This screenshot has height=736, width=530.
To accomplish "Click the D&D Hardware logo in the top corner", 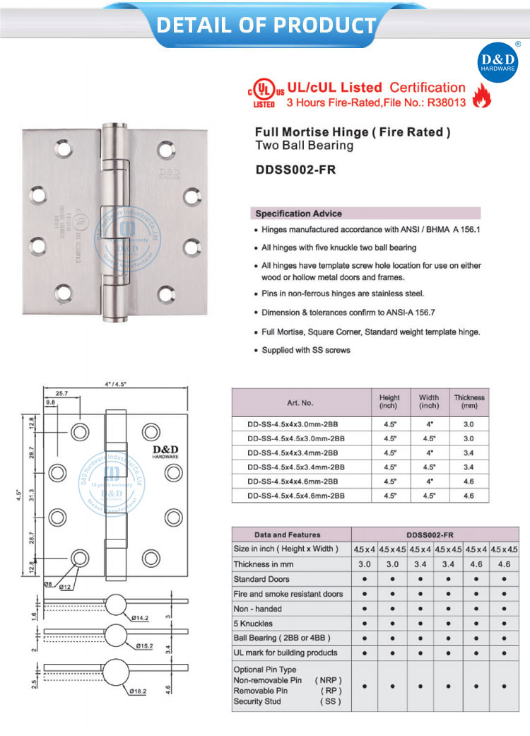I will pos(499,62).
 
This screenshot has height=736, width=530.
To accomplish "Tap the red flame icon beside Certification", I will pos(481,97).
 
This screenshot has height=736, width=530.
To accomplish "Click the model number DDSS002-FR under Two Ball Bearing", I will pos(295,170).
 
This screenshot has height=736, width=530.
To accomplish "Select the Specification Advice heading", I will pos(298,214).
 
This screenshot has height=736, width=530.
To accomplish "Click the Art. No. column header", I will pos(300,402).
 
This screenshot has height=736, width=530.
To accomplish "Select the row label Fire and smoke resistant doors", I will pos(288,594).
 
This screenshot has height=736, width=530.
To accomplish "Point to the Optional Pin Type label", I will pos(265,669).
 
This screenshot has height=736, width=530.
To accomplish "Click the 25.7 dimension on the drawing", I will pos(61,393).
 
